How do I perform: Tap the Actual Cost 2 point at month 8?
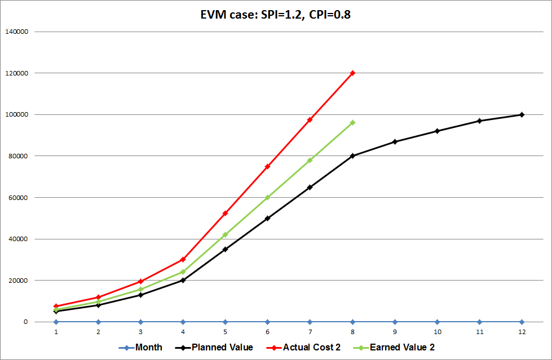352,73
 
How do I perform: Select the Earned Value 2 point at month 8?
352,122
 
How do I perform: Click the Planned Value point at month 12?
522,114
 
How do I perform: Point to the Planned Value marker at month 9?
395,141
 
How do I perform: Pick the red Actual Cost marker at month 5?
225,213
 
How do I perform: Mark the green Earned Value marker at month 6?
267,197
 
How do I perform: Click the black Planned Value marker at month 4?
183,280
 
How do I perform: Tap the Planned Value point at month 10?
437,131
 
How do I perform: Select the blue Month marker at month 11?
479,322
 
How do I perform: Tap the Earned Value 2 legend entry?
398,348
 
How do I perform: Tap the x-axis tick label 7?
310,332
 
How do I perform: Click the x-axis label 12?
522,332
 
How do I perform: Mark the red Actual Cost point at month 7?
310,119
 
